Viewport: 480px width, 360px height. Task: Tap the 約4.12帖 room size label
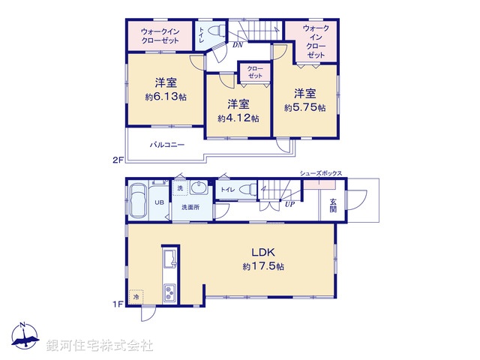point(238,118)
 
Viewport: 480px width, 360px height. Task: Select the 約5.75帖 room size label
point(304,107)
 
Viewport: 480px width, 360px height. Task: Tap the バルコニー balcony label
point(166,145)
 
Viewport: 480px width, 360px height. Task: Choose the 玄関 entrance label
point(332,205)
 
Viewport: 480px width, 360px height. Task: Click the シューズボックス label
point(321,173)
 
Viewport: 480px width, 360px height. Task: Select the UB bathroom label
point(159,202)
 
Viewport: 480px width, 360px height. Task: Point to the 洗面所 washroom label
point(190,207)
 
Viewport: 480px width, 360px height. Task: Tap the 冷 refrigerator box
point(136,296)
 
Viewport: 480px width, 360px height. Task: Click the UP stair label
point(288,203)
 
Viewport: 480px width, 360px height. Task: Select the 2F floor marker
point(117,160)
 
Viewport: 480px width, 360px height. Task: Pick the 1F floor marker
point(117,304)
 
